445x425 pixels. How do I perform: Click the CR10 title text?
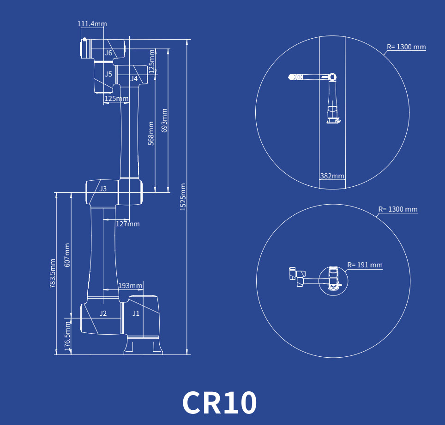point(219,402)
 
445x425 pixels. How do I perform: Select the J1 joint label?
point(136,313)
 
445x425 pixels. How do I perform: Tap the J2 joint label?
point(103,313)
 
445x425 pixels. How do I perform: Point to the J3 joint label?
point(103,189)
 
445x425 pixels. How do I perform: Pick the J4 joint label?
point(134,78)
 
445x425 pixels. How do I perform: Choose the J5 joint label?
point(108,74)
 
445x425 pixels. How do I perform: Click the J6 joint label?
point(108,53)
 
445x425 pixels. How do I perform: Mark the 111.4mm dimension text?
point(92,24)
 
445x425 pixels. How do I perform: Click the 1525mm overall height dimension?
point(183,197)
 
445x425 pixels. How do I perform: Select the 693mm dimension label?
point(164,120)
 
